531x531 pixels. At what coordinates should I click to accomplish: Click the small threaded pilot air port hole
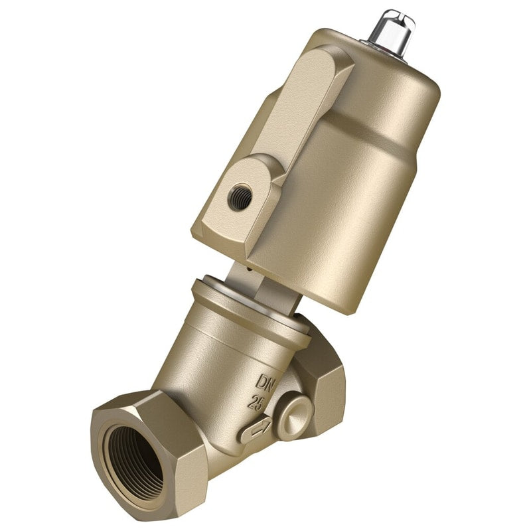pos(240,197)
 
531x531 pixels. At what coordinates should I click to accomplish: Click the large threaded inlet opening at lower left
pos(135,463)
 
